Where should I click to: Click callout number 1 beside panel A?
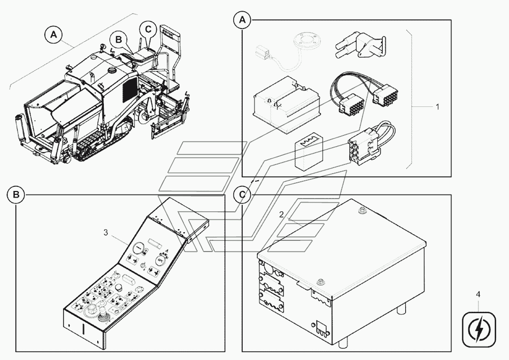(x=437, y=107)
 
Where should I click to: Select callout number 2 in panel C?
(x=281, y=214)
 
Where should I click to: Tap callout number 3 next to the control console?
(x=106, y=232)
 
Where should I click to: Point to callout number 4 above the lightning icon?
(x=478, y=294)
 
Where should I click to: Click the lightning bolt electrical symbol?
(x=479, y=329)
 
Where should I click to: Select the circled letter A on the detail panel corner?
(x=242, y=20)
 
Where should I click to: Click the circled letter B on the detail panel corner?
(x=16, y=195)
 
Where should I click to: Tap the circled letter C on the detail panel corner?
(x=242, y=195)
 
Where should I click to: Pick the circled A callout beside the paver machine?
(x=54, y=34)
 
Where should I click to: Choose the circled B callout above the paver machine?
(x=119, y=39)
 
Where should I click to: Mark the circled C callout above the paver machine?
(x=148, y=29)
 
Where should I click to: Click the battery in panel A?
(x=287, y=104)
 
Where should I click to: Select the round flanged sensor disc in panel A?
(x=304, y=42)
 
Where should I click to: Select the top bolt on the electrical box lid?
(x=361, y=211)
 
